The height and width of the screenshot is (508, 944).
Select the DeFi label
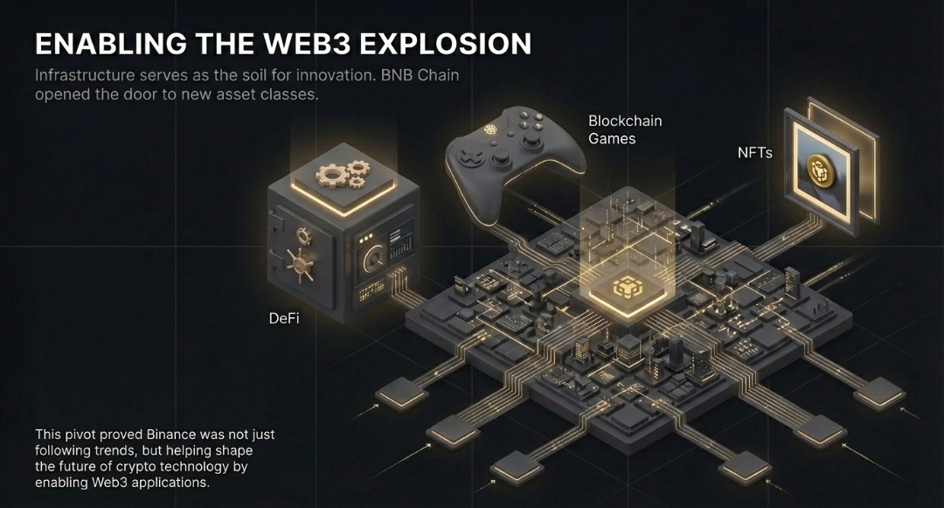(x=284, y=318)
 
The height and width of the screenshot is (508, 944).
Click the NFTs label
(x=755, y=153)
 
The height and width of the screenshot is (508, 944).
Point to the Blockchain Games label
(x=625, y=129)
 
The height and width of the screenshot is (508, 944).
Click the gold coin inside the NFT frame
(x=820, y=171)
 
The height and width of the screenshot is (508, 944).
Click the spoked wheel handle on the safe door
(x=300, y=266)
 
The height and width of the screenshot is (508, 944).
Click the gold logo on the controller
(x=491, y=129)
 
